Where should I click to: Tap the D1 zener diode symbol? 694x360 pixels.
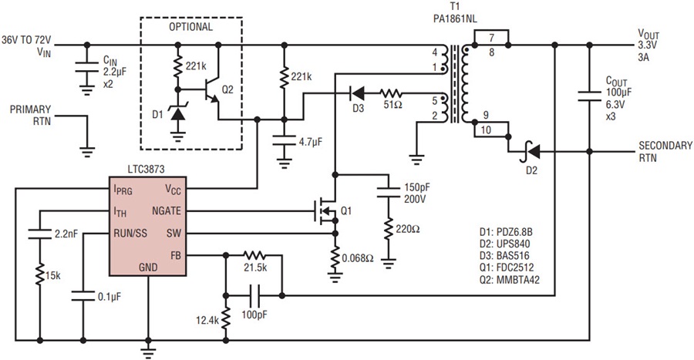[x=178, y=115]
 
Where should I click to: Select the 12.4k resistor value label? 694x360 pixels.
[x=206, y=319]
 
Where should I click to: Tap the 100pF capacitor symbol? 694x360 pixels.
[x=254, y=294]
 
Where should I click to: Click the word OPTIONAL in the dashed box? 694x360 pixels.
[x=190, y=26]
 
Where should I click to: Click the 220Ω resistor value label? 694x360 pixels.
[x=406, y=228]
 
